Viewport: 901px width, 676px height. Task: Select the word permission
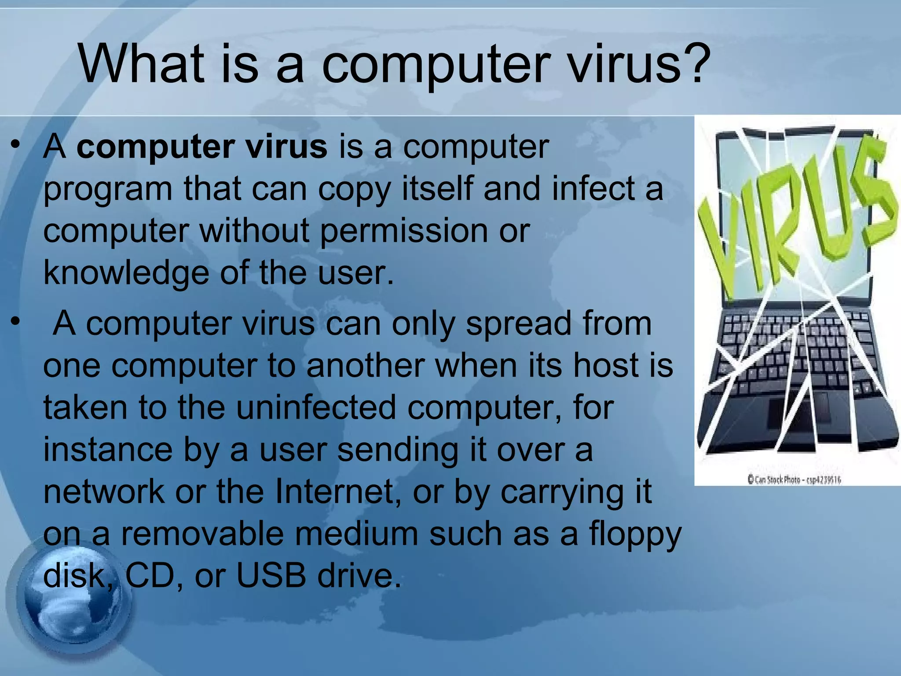[x=403, y=231]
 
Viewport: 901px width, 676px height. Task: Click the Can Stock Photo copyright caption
[x=794, y=479]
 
